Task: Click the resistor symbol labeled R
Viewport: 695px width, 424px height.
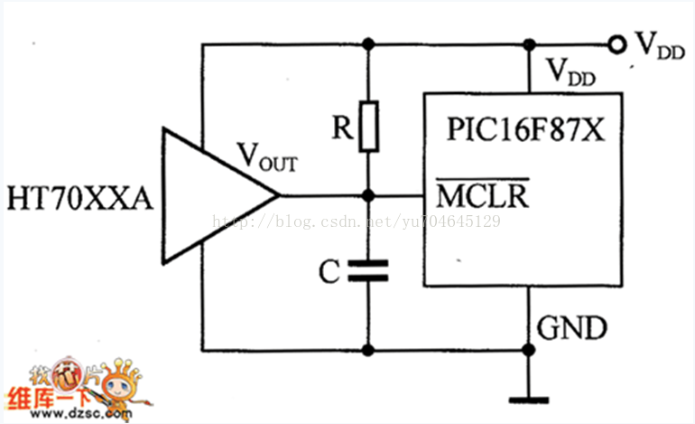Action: [x=369, y=127]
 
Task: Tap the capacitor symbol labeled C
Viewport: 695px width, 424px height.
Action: [x=368, y=271]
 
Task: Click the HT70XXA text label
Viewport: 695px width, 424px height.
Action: [x=79, y=198]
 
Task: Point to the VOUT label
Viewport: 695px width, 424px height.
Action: [x=267, y=156]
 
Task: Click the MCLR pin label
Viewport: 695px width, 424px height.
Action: [x=483, y=193]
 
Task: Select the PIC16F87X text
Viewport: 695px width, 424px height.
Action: [x=525, y=129]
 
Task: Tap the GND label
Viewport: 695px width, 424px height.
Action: [x=571, y=328]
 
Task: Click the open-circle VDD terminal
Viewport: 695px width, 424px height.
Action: [x=616, y=44]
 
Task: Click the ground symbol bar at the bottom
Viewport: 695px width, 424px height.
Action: [x=528, y=400]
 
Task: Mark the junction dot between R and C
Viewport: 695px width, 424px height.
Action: [x=368, y=195]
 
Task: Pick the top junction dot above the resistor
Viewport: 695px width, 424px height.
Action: [x=368, y=44]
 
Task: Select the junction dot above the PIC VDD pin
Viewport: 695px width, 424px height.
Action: [x=529, y=44]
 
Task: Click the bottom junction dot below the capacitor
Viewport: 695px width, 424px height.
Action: [x=368, y=350]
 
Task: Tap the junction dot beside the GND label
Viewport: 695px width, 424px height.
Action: [x=528, y=350]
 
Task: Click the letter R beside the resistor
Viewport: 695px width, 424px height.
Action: [x=342, y=127]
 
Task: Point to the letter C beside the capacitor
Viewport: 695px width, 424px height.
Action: [x=329, y=271]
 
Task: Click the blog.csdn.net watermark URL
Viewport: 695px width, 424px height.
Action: [x=357, y=221]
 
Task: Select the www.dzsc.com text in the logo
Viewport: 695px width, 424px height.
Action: [x=81, y=414]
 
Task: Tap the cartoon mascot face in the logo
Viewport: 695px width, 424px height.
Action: [x=119, y=387]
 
